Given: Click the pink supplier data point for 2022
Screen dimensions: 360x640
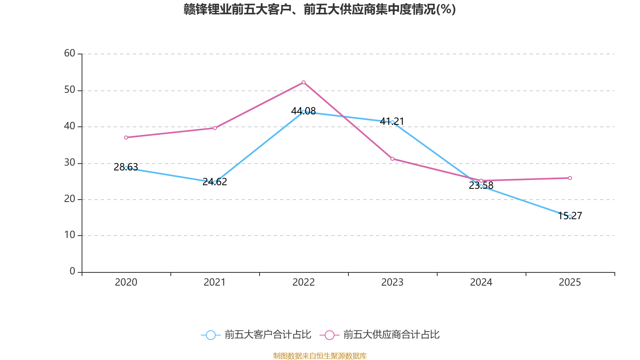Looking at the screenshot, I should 304,82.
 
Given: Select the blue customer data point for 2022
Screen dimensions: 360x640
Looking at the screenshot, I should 304,112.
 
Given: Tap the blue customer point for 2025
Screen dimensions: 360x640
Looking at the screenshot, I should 570,216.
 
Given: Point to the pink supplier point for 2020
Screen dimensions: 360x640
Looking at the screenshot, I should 126,138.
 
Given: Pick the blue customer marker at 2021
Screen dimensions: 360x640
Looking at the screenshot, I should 215,182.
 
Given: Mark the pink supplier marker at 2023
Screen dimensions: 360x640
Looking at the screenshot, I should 392,159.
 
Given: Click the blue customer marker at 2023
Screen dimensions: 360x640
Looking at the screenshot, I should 392,122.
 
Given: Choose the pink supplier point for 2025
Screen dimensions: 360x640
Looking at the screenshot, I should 570,178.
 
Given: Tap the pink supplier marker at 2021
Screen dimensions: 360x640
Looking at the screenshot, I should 215,128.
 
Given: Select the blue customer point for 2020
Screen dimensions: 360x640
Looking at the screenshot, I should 126,168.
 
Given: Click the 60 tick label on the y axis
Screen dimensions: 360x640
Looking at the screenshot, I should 70,54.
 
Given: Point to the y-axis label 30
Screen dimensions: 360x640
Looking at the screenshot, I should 70,163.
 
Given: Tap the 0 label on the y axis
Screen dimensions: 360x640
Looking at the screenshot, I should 72,272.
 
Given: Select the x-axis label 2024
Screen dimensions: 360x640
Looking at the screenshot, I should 481,282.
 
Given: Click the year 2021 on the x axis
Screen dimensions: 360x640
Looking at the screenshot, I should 215,282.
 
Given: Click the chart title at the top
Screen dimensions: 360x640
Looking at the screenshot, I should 320,9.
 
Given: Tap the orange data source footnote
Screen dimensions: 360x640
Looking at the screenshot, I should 320,356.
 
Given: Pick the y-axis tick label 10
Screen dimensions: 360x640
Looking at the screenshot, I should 70,235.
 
